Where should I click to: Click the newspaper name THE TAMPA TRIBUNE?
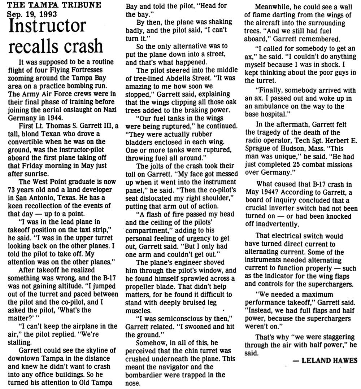pyautogui.click(x=44, y=5)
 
